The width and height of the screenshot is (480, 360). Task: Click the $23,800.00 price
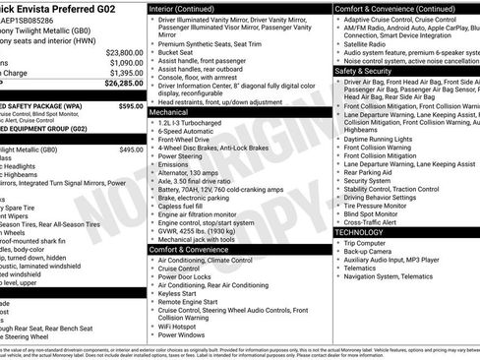pyautogui.click(x=124, y=51)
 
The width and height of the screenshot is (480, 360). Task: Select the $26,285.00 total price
pyautogui.click(x=124, y=84)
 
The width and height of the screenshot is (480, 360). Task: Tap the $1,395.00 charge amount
pyautogui.click(x=126, y=73)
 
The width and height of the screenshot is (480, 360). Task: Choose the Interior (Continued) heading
pyautogui.click(x=190, y=7)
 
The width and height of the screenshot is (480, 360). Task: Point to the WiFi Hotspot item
pyautogui.click(x=181, y=325)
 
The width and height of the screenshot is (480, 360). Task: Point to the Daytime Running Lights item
pyautogui.click(x=379, y=139)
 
